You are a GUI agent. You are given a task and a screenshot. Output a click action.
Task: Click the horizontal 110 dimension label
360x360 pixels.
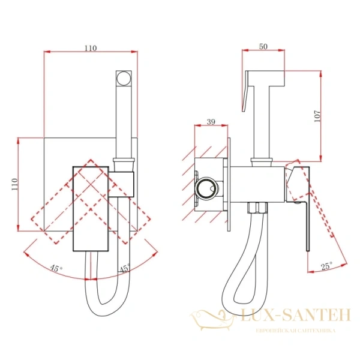pyautogui.click(x=91, y=48)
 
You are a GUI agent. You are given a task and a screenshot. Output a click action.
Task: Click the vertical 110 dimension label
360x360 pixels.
pyautogui.click(x=14, y=184)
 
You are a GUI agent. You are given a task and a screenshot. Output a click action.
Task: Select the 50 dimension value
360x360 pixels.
pyautogui.click(x=263, y=46)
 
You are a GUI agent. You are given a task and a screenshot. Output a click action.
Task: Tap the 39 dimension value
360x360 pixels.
pyautogui.click(x=211, y=122)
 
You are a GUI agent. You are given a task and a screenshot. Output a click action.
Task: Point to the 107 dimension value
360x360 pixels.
pyautogui.click(x=317, y=116)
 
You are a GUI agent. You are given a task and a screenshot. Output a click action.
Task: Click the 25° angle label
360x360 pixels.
pyautogui.click(x=327, y=266)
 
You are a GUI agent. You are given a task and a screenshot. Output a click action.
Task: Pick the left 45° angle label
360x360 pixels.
pyautogui.click(x=56, y=268)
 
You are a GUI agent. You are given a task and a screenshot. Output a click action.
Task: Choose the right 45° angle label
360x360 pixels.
pyautogui.click(x=124, y=268)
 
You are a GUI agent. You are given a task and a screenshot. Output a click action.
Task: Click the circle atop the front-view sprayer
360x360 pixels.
pyautogui.click(x=124, y=79)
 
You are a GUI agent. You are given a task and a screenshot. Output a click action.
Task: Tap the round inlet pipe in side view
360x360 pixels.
pyautogui.click(x=206, y=187)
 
